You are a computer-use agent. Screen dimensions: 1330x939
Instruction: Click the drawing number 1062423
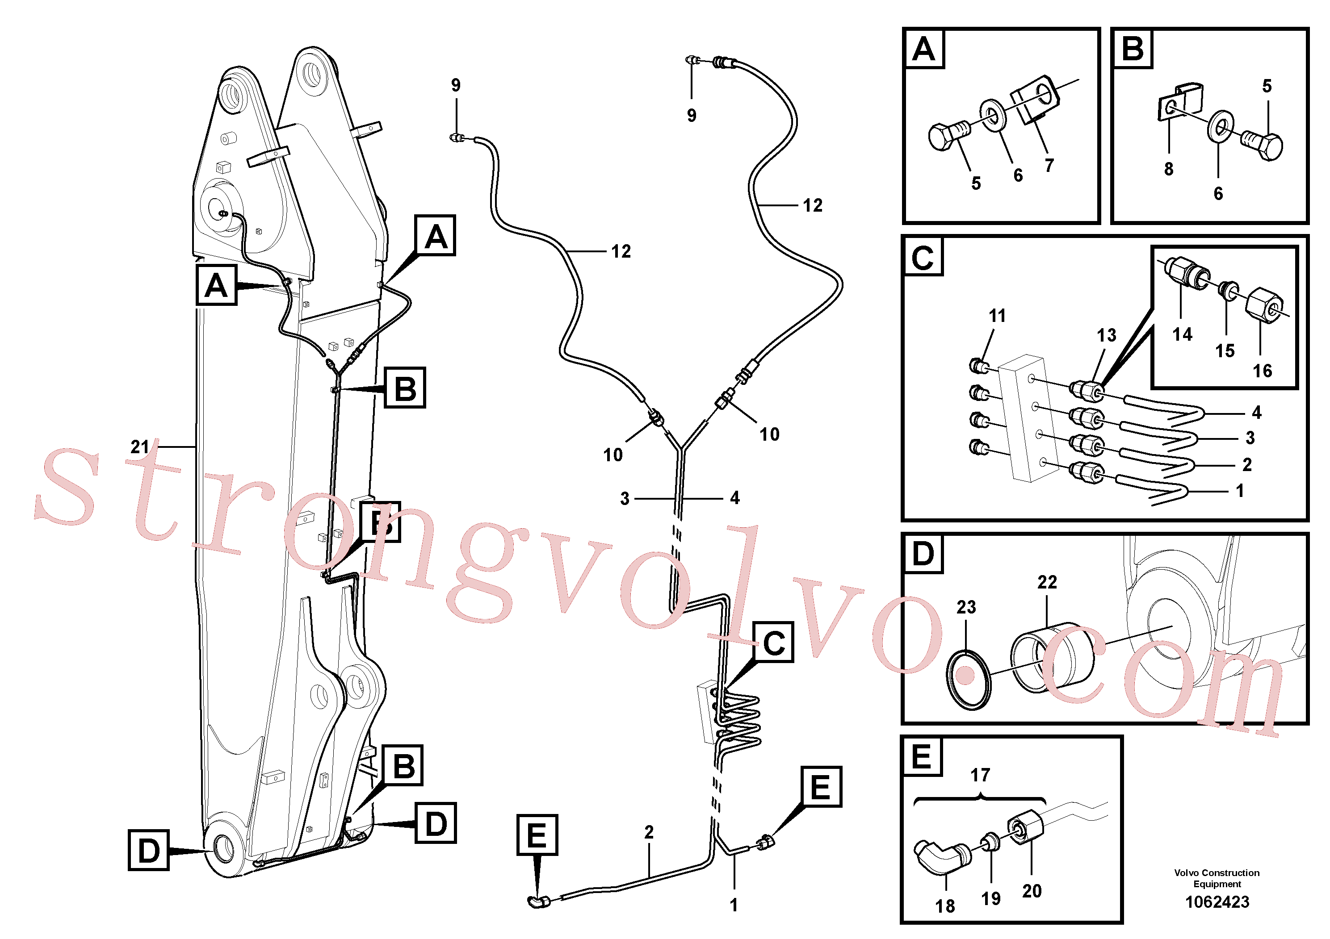[1217, 902]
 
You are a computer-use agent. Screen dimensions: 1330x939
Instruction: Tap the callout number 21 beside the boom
[139, 447]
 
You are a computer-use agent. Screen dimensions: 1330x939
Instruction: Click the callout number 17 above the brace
[980, 775]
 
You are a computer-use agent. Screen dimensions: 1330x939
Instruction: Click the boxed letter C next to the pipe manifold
[774, 643]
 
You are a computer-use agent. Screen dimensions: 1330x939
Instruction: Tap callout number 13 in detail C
[1107, 335]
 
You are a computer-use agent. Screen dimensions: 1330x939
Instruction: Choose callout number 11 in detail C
[997, 316]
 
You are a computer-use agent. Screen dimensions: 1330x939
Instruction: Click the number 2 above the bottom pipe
[649, 832]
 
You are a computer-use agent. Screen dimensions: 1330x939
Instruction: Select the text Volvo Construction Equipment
[1217, 878]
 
